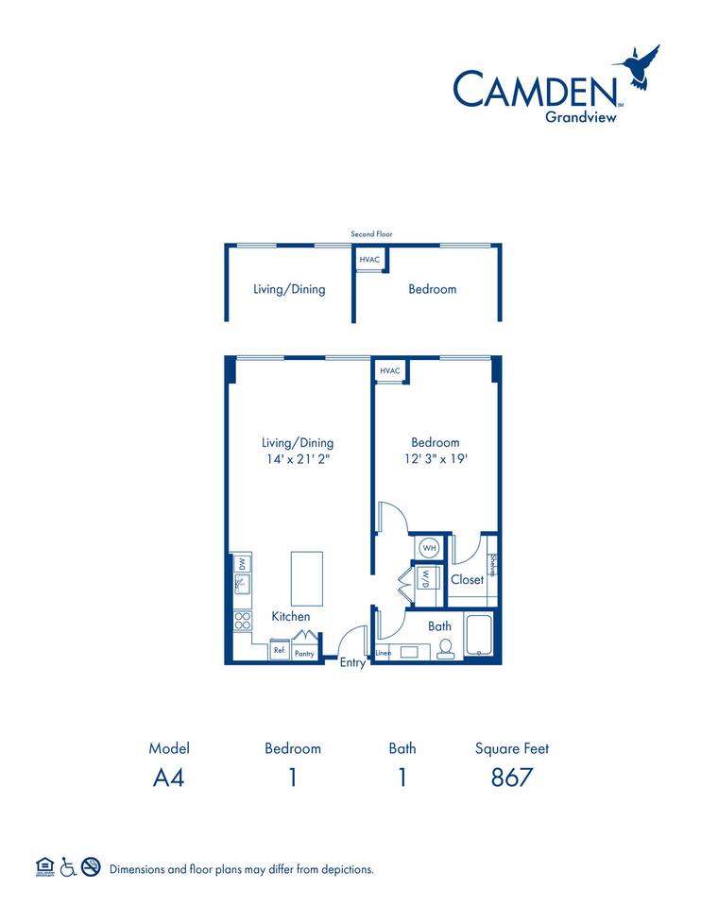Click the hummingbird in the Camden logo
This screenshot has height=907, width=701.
[x=640, y=68]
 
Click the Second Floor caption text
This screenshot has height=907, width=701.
[x=370, y=233]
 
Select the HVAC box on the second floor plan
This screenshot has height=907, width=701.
[x=368, y=259]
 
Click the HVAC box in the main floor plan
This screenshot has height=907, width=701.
[x=390, y=371]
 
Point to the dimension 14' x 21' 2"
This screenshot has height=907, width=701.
[x=298, y=460]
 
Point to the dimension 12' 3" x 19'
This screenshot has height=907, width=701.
[x=435, y=460]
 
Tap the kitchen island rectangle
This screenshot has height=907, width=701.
[x=306, y=578]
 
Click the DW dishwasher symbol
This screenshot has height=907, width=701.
[x=241, y=564]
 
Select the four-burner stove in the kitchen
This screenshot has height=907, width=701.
[x=242, y=621]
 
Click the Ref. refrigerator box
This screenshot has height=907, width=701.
[x=280, y=651]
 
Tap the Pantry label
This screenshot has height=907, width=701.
[x=304, y=652]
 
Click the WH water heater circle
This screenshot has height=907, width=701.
[x=428, y=547]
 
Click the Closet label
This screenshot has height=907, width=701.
[x=467, y=579]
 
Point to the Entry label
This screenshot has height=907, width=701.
[x=352, y=663]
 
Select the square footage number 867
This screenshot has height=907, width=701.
[x=511, y=778]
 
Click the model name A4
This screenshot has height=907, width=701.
[x=169, y=778]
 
